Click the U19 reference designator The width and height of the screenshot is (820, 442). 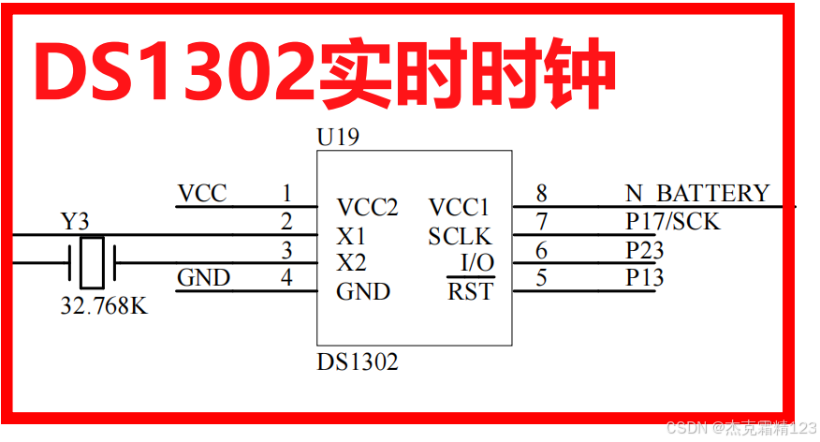[x=338, y=138]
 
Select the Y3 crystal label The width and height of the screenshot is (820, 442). [x=75, y=222]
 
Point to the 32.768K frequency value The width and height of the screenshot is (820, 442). [x=103, y=306]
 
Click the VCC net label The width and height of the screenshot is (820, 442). [x=202, y=194]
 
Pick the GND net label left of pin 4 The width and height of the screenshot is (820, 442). [x=203, y=278]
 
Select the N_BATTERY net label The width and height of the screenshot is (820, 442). [x=696, y=194]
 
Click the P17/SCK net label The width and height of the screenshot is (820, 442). [x=672, y=222]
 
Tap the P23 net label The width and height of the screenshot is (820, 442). [x=644, y=250]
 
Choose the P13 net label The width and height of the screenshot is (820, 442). [x=644, y=278]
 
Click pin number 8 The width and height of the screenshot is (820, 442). [x=541, y=194]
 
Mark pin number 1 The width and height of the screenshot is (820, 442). [x=286, y=194]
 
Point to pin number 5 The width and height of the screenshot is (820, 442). [x=541, y=278]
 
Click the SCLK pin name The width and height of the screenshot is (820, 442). [x=460, y=236]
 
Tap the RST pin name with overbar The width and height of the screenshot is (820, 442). [x=470, y=291]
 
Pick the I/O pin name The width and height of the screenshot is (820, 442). [x=477, y=263]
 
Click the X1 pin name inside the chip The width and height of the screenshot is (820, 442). [x=352, y=236]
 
